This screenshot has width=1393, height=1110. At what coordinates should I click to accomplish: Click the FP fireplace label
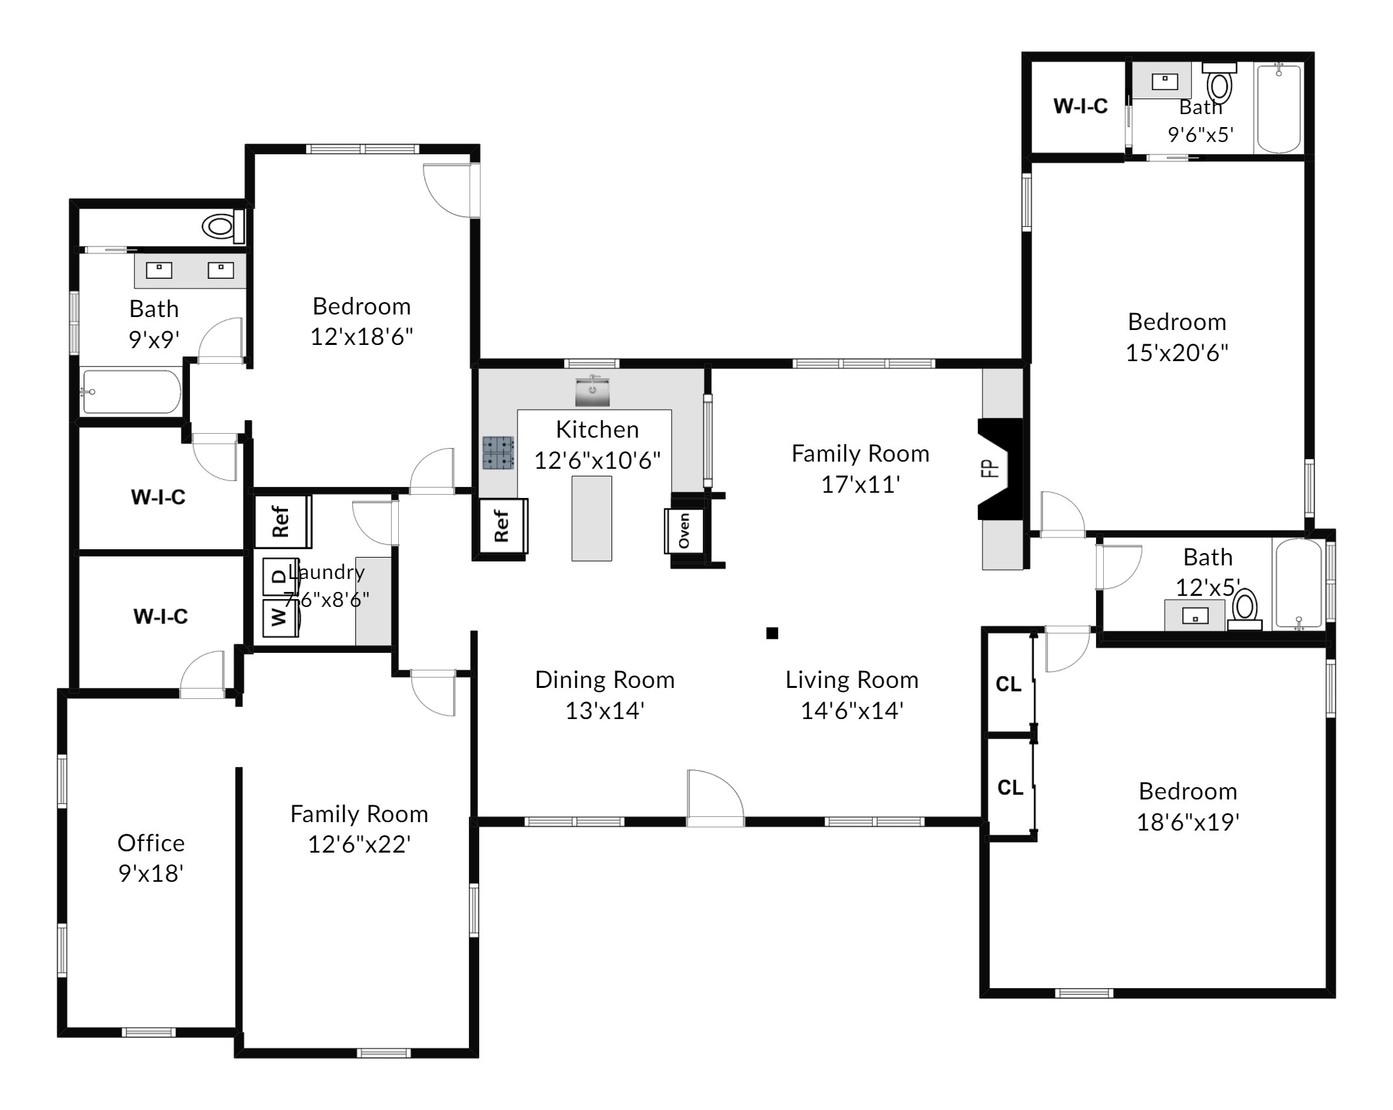[989, 468]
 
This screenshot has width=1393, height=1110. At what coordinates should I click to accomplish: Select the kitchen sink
[592, 391]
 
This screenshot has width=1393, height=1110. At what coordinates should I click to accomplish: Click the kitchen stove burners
[498, 453]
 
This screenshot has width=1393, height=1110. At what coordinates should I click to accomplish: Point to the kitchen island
[591, 519]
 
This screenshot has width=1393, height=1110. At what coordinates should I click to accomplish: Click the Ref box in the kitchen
[503, 526]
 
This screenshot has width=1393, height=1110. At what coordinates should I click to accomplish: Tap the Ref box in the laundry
[283, 522]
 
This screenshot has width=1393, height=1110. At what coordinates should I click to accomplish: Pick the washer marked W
[281, 618]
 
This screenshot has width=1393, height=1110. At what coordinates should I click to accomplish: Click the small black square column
[772, 633]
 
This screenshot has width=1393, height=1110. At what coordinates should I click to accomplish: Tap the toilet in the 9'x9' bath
[224, 226]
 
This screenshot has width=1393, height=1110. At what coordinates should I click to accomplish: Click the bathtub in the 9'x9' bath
[132, 392]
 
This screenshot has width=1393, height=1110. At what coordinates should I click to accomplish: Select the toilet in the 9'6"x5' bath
[1220, 82]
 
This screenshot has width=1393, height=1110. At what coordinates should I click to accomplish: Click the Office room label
[151, 844]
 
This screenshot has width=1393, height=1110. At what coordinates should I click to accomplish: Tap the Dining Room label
[605, 680]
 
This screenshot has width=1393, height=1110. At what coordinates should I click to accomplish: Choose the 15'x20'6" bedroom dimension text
[1177, 353]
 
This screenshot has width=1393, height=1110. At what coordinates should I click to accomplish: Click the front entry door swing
[715, 798]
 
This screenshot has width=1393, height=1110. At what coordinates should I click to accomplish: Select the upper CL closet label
[1008, 684]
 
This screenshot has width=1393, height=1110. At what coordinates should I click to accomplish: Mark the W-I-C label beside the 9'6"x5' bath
[1080, 106]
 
